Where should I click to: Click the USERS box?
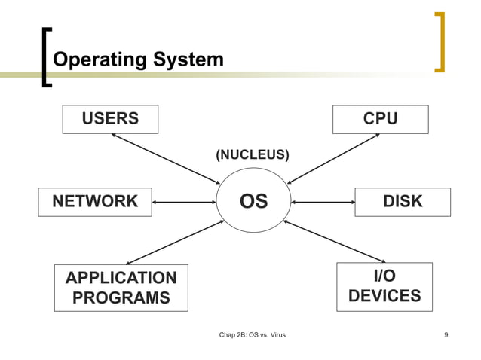tap(110, 119)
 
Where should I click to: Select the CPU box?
tap(380, 119)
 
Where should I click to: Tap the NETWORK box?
tap(95, 202)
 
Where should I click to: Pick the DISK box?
tap(403, 202)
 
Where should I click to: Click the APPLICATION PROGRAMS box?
tap(121, 288)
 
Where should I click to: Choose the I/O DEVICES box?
tap(384, 287)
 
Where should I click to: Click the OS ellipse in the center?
tap(253, 202)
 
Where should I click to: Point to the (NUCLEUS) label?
tap(252, 155)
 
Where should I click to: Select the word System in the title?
tap(187, 59)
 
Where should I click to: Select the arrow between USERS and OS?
tap(164, 159)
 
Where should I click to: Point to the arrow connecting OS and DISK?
tap(323, 202)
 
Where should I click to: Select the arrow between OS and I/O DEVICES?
tap(333, 242)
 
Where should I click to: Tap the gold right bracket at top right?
tap(440, 42)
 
